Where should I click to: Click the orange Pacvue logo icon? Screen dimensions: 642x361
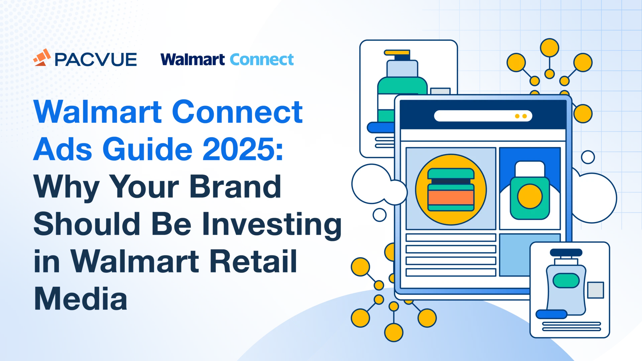(42, 57)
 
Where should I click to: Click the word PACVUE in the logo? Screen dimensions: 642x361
(96, 60)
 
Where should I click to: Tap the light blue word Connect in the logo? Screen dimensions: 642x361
(262, 59)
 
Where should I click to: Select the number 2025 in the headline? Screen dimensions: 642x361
(243, 149)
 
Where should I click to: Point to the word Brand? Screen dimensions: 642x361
(235, 186)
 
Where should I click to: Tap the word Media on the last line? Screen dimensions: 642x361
(81, 298)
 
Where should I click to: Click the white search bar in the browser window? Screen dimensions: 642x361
(483, 116)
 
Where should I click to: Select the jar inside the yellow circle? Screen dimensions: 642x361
(451, 190)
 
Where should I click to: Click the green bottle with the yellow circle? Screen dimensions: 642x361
(530, 190)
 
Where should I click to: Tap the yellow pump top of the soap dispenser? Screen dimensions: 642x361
(397, 52)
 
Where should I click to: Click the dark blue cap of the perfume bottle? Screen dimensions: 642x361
(566, 253)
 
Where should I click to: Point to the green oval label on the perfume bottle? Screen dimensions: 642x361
(566, 280)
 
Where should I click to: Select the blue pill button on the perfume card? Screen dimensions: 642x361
(551, 314)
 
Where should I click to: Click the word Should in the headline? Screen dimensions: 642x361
(87, 224)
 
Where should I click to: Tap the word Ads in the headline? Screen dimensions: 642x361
(63, 149)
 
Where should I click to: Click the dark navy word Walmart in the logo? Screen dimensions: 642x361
(193, 59)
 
